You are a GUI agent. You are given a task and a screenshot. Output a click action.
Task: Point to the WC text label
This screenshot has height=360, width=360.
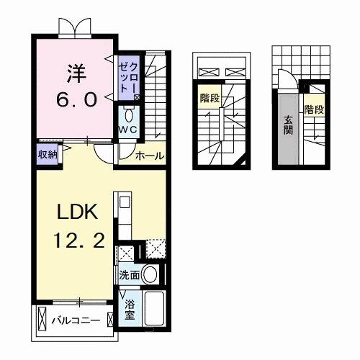coord(128,129)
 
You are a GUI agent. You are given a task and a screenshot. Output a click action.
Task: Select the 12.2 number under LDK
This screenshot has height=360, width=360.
coord(72,240)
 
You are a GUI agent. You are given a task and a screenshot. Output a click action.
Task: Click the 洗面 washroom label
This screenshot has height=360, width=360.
coord(129,275)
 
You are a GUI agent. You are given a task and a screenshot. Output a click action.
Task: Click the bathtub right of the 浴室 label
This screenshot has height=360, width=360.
coord(154,308)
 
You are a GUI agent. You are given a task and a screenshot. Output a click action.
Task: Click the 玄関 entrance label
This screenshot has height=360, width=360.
coord(287,127)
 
